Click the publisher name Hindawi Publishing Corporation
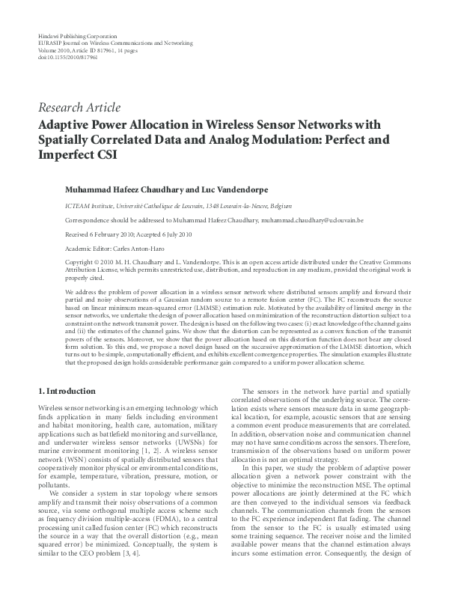[x=77, y=37]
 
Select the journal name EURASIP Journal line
[x=115, y=43]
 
